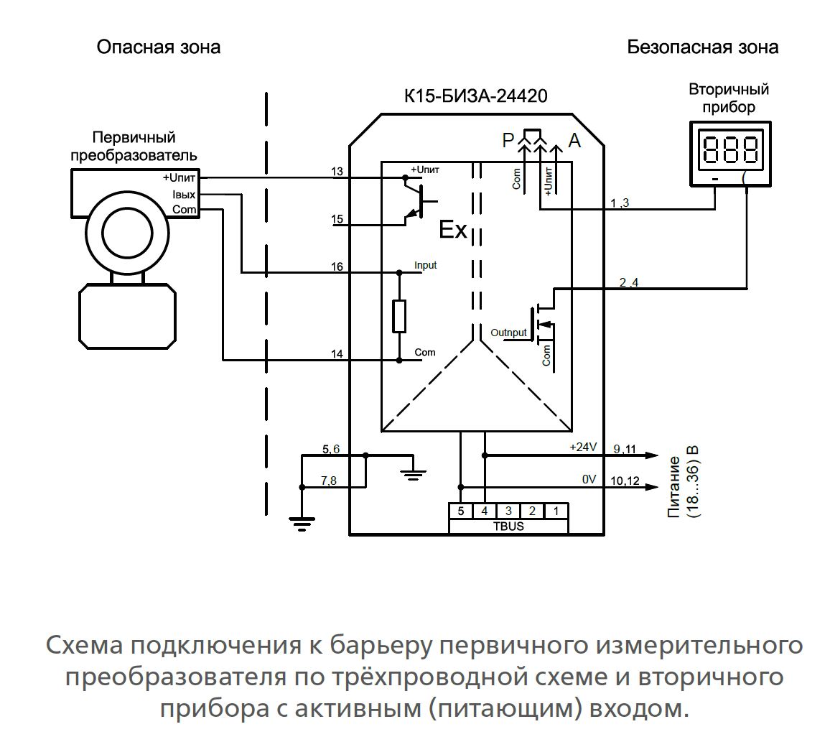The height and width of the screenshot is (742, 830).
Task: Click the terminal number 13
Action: [337, 171]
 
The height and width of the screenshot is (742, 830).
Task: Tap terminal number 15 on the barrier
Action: [337, 218]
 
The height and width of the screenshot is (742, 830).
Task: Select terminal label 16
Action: [337, 267]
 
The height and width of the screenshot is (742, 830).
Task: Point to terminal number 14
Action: [337, 353]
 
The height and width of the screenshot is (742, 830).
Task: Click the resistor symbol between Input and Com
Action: [399, 316]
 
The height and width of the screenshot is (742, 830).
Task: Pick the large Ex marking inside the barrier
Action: [453, 231]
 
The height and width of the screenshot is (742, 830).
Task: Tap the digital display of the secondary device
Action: [729, 150]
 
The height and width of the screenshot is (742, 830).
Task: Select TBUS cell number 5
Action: [460, 511]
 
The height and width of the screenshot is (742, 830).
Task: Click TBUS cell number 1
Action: [556, 511]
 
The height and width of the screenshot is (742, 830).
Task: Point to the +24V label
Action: [583, 447]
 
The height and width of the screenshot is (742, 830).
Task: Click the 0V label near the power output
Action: [589, 478]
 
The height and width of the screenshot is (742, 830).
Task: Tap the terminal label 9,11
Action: [625, 449]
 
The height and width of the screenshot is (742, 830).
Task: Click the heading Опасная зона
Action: [159, 47]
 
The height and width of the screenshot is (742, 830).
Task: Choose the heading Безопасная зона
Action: [702, 47]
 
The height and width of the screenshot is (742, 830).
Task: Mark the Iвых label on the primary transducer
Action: [184, 194]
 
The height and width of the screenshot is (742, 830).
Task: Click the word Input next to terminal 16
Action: [425, 265]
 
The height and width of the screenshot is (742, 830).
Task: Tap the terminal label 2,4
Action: [628, 282]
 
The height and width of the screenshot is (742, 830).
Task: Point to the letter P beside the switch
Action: [509, 141]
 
